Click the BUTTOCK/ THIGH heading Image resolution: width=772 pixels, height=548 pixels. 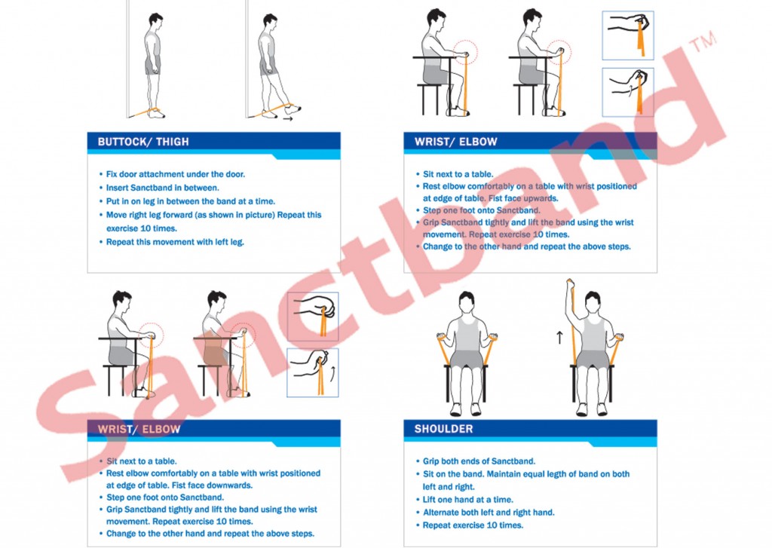point(143,142)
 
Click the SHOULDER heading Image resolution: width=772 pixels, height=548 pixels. point(443,429)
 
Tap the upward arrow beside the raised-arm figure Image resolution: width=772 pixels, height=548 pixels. point(559,337)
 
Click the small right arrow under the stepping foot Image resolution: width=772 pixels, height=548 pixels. point(288,118)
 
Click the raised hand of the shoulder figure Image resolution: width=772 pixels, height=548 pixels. point(570,283)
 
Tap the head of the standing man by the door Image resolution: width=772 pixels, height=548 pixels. point(155,22)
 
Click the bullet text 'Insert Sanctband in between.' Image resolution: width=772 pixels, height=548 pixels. point(163,188)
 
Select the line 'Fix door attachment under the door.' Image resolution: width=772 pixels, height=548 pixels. point(175,174)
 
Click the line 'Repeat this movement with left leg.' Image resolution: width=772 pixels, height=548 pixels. point(175,242)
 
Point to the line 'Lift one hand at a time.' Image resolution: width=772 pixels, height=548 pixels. point(467,499)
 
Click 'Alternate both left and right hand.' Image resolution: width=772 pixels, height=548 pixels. point(489,512)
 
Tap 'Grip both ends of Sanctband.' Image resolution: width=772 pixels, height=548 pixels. point(479,461)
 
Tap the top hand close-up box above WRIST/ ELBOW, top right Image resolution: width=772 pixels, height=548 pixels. point(628,35)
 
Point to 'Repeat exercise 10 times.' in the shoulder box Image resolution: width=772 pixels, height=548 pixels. point(473,525)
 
